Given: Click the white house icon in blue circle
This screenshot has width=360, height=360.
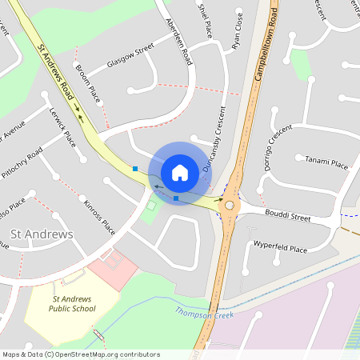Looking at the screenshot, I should [180, 172].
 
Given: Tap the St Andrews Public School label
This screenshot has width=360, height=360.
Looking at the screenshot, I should [72, 303].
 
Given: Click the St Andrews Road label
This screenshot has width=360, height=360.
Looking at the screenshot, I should [58, 66].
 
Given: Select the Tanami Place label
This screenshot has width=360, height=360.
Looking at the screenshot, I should [326, 164].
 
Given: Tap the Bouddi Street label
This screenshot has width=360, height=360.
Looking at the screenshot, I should [289, 216].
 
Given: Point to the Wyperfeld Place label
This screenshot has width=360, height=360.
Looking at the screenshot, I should [280, 249].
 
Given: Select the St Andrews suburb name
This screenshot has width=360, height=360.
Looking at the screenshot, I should [41, 234].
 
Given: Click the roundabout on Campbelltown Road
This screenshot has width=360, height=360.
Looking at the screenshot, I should [230, 205].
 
